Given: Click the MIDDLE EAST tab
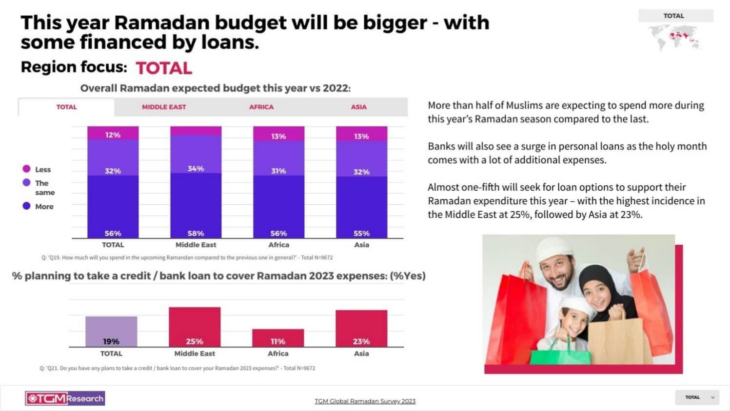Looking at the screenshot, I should coord(164,107).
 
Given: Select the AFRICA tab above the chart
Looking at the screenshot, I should coord(261,107).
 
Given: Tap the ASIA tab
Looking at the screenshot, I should coord(358,107).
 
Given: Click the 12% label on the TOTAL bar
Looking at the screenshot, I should coord(113,135).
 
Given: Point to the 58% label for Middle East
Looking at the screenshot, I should coord(196,234).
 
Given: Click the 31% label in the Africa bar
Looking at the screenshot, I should coord(278,171).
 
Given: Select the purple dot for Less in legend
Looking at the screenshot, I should coord(26,169).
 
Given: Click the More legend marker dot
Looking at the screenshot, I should coord(26,206).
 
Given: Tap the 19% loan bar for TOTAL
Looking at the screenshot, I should coord(111,332).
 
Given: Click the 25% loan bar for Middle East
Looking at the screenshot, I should coord(195,327).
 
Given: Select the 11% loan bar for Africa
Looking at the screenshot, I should coord(278,337).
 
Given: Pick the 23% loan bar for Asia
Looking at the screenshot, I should coord(361,328).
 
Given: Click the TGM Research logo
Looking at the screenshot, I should coord(65,398).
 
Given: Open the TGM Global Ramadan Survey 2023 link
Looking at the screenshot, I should coord(365,401).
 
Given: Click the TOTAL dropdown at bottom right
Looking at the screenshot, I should coord(697,397).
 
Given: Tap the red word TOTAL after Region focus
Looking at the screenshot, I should coord(164,68).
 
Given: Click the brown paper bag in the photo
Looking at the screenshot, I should coord(616,341).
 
